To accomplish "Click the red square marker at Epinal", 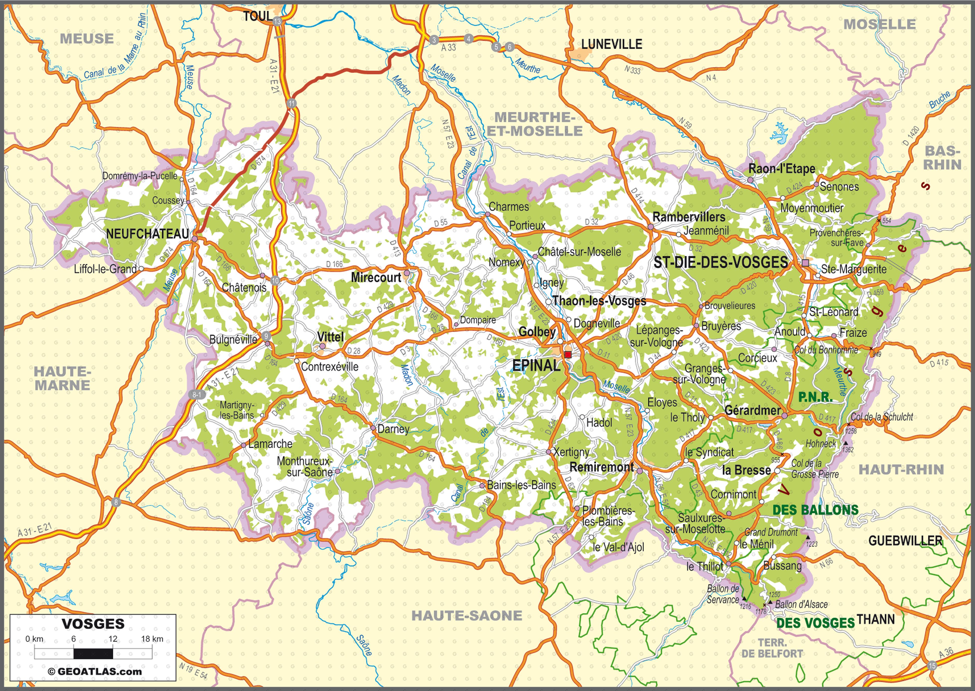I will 568,354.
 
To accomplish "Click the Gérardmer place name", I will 752,410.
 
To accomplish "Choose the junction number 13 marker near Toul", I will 277,21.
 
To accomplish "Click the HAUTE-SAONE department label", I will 467,616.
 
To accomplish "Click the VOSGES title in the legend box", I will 93,624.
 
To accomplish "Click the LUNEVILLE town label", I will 611,44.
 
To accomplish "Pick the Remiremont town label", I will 602,467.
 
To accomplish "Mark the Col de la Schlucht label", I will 881,417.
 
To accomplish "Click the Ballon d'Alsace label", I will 801,604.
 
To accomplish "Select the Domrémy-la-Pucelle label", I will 139,176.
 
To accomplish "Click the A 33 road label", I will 448,48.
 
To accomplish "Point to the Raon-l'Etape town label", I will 782,168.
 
